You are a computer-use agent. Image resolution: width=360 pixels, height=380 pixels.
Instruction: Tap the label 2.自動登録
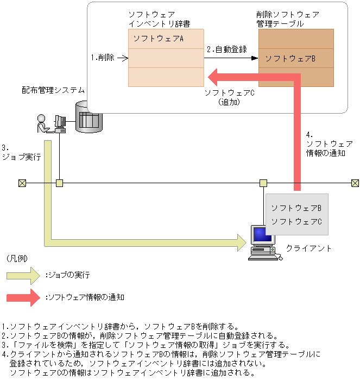[226, 49]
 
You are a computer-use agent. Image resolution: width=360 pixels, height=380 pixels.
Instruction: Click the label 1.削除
[103, 58]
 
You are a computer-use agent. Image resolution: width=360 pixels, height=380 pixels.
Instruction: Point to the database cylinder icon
[87, 117]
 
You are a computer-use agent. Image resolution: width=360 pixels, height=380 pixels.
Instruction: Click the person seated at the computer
[42, 124]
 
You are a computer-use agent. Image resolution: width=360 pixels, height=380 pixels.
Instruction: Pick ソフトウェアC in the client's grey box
[296, 221]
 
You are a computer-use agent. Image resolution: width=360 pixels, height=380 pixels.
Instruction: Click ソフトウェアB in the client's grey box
[296, 208]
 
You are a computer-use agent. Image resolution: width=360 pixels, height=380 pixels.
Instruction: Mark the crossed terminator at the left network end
[22, 183]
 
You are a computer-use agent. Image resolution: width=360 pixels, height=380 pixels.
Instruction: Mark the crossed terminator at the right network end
[355, 183]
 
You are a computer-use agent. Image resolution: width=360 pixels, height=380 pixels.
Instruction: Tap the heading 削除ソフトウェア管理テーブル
[287, 19]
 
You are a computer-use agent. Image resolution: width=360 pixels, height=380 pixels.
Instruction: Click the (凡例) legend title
[17, 258]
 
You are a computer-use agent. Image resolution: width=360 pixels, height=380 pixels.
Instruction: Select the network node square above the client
[263, 183]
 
